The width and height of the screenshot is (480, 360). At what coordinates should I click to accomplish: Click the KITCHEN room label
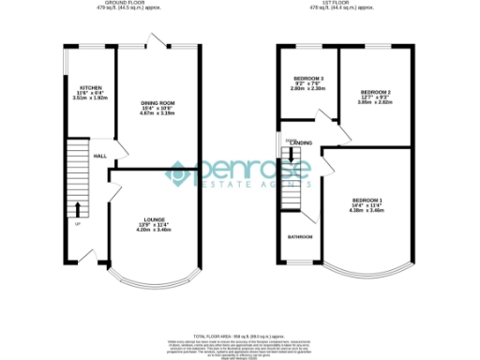point(90,86)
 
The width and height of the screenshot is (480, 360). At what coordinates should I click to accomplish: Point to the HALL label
point(98,156)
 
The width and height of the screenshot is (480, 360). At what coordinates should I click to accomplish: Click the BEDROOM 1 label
point(367,201)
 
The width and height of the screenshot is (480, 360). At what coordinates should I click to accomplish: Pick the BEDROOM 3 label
point(308,78)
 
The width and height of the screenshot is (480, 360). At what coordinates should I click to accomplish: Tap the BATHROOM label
point(300,237)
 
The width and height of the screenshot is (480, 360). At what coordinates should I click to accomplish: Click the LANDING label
point(302,142)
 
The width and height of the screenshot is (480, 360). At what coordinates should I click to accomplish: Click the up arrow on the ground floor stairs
point(78,209)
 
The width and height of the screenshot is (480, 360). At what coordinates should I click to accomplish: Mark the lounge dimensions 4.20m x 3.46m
point(153,230)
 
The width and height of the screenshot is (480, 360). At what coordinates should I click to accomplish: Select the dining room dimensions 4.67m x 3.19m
point(157,113)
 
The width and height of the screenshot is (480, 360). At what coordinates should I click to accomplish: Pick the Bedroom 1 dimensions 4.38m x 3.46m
point(367,212)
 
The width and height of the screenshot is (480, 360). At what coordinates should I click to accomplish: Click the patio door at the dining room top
point(157,42)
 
